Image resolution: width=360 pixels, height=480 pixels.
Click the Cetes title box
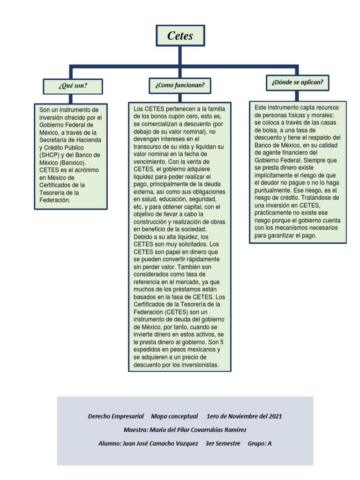click(x=180, y=36)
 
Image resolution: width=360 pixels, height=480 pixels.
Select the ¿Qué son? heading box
click(x=73, y=86)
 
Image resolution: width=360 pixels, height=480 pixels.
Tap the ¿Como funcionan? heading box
click(x=180, y=86)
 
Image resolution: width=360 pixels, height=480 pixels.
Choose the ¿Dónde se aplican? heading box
click(x=297, y=82)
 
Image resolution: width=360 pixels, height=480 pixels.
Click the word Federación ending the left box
click(x=54, y=200)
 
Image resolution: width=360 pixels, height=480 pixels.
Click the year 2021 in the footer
click(x=274, y=416)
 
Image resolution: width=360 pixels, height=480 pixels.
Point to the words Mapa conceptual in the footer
click(x=175, y=416)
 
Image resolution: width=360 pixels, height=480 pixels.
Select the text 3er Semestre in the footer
click(x=223, y=443)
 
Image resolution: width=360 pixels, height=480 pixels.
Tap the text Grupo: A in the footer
click(x=259, y=443)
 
